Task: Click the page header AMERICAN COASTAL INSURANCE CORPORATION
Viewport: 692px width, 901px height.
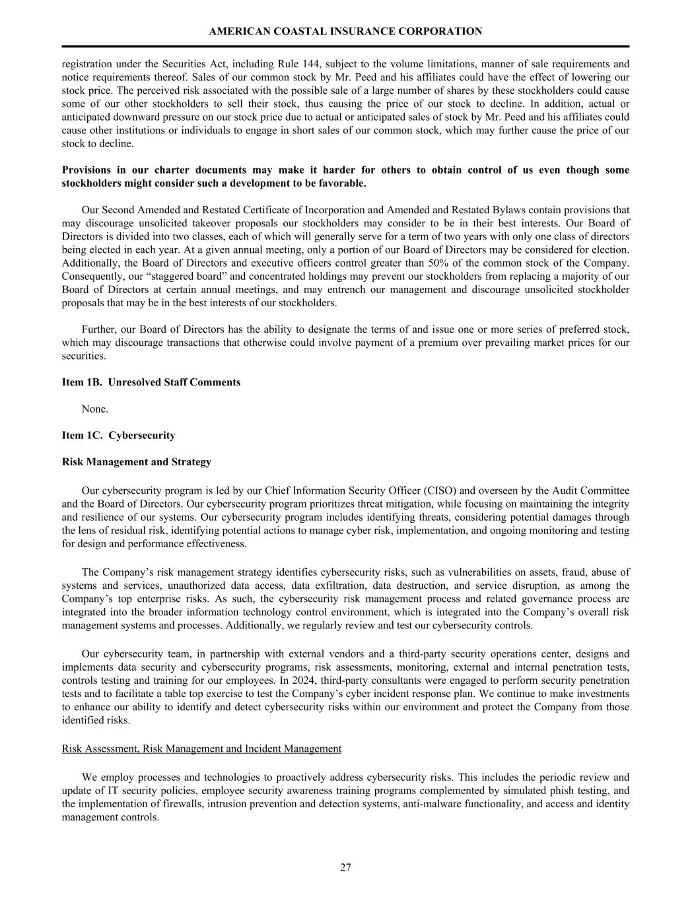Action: pos(345,31)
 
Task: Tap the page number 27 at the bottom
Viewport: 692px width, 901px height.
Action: pos(345,867)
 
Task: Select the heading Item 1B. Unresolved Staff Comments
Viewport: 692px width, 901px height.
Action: pos(151,382)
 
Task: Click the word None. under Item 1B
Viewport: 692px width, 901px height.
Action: pos(94,409)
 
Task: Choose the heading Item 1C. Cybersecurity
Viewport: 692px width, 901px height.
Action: pos(119,436)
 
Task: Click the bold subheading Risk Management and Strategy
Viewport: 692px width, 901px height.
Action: pos(137,462)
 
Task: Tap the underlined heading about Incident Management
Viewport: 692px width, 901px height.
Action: pos(201,749)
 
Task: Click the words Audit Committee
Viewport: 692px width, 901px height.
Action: pos(591,490)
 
